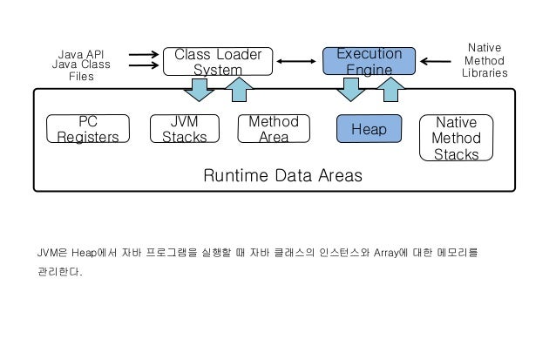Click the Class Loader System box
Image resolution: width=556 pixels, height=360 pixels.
tap(218, 61)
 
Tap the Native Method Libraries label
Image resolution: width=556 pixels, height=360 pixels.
tap(485, 61)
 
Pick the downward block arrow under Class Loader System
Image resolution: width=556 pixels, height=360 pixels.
tap(200, 88)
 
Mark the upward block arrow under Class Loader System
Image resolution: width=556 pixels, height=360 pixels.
tap(239, 88)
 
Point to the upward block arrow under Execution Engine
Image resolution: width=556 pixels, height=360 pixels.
tap(390, 88)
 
